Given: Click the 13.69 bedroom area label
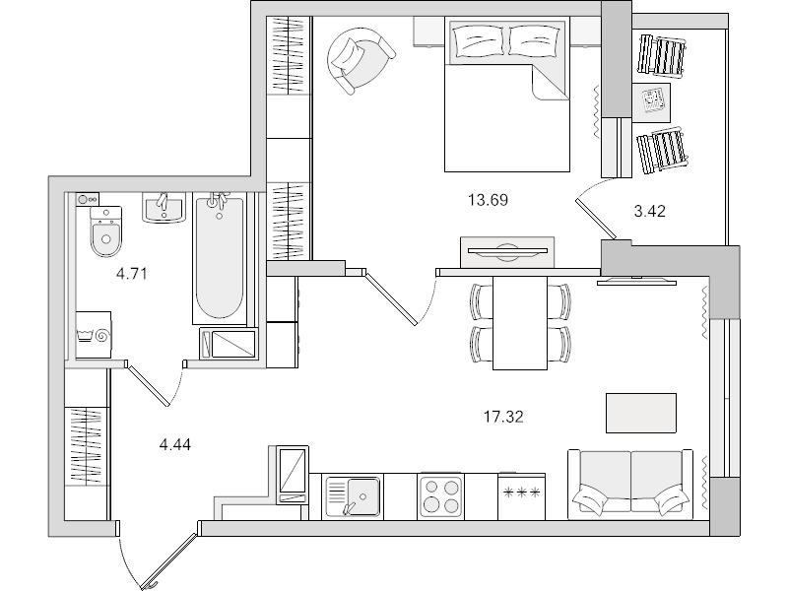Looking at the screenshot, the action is (x=488, y=200).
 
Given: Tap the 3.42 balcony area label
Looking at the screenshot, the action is (x=650, y=211).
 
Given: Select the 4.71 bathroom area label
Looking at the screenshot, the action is (x=131, y=274).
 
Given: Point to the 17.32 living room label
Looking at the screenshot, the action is (x=503, y=417).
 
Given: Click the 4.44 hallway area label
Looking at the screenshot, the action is (x=175, y=445).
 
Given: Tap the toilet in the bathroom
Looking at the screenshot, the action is (x=106, y=231).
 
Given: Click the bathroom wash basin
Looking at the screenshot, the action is (x=164, y=207).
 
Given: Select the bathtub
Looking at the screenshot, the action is (x=220, y=259).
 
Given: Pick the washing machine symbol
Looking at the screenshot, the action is (x=94, y=335).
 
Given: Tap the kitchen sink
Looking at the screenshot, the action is (x=353, y=497).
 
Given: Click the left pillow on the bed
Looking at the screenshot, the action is (x=480, y=41).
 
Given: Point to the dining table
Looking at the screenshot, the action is (x=520, y=323).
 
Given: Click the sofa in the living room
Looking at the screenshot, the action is (x=630, y=484).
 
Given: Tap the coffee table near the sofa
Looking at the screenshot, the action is (x=641, y=413).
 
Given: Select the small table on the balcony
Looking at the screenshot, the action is (x=651, y=103).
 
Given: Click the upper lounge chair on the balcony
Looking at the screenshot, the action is (x=662, y=55).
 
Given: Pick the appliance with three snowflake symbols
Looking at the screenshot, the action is (x=521, y=497).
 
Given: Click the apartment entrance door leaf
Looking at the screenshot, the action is (x=169, y=561).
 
